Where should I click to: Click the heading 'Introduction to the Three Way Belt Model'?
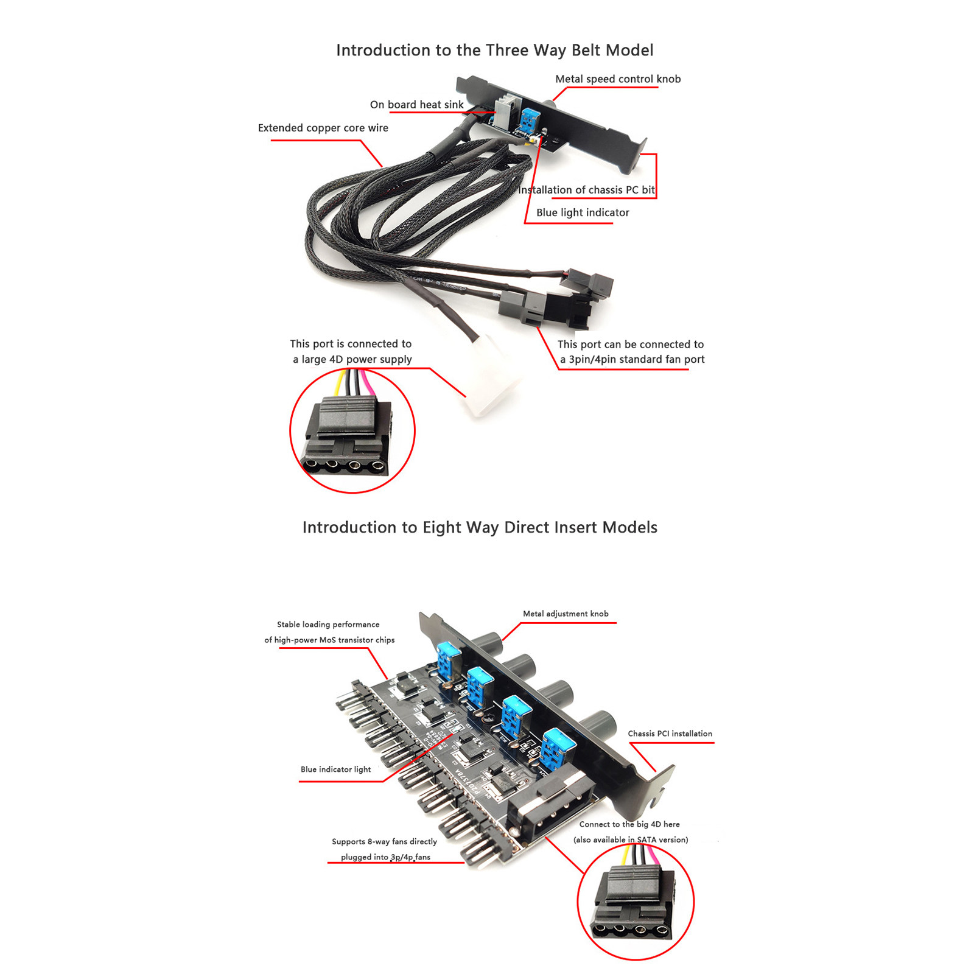click(x=494, y=50)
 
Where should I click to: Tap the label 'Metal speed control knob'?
click(x=618, y=79)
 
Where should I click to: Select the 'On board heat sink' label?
click(x=416, y=105)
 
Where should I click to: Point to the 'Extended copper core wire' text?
click(x=323, y=128)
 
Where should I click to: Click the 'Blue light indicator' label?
click(x=583, y=212)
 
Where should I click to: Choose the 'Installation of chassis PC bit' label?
click(x=586, y=190)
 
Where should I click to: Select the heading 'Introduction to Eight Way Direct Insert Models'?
click(x=480, y=527)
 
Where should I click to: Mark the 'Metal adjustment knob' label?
click(x=566, y=614)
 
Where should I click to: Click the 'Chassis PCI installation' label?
click(x=670, y=734)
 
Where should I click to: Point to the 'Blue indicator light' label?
click(x=335, y=769)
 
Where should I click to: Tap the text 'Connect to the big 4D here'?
click(x=629, y=824)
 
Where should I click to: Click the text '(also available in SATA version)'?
click(x=631, y=839)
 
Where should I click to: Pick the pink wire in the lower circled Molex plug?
click(x=652, y=857)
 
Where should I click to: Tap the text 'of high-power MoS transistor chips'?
click(x=329, y=640)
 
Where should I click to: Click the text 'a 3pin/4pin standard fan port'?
click(x=632, y=359)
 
